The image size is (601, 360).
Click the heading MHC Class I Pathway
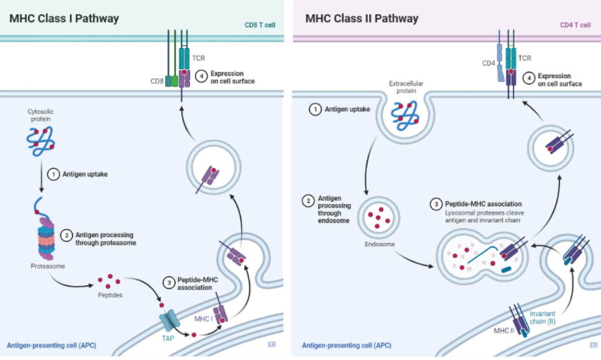(x=64, y=19)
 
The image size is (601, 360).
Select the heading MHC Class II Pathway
(x=362, y=19)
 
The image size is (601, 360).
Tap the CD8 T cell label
(x=260, y=25)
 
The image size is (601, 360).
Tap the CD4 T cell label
(x=575, y=25)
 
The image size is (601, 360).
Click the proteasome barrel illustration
(x=46, y=238)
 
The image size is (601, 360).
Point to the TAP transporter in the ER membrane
(x=169, y=320)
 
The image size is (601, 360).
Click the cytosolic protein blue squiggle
(x=41, y=141)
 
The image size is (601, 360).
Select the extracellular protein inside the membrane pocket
(x=405, y=116)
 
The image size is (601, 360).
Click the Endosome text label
(x=379, y=244)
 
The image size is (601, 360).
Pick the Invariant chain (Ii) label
(x=542, y=318)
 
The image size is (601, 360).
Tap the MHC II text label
(x=504, y=330)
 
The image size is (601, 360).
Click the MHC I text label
(x=203, y=318)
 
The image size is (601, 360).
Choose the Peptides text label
(x=110, y=295)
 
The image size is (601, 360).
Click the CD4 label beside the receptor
(x=488, y=64)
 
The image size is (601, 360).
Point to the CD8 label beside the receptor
(x=157, y=81)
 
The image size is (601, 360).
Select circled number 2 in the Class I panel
(x=66, y=235)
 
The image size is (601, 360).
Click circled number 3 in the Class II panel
(x=436, y=204)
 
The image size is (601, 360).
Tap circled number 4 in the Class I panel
(x=201, y=76)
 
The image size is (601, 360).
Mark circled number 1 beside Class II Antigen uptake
(x=315, y=109)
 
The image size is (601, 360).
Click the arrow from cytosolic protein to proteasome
(x=42, y=176)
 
